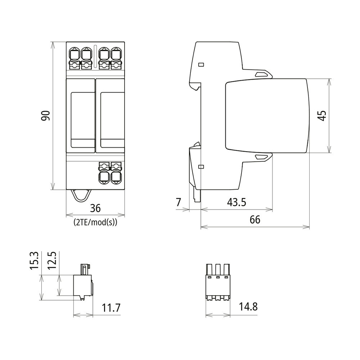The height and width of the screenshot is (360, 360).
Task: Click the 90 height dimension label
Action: coord(45,116)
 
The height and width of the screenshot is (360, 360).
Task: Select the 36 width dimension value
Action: coord(95,208)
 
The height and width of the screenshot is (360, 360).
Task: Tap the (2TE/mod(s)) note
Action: coord(95,222)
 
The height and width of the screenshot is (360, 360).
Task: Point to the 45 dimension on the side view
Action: coord(322,116)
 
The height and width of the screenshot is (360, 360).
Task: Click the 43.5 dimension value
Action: coord(237,202)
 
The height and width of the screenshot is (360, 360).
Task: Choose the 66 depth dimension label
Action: coord(255,220)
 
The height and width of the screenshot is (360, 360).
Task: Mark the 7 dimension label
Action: coord(179,202)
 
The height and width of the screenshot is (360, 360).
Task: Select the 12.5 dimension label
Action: coord(51,261)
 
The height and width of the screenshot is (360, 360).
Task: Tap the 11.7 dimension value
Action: coord(111,308)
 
